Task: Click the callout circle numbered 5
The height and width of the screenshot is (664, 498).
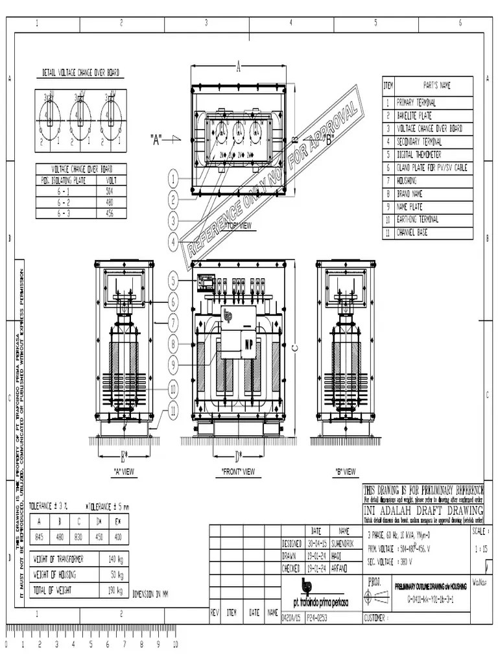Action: click(173, 281)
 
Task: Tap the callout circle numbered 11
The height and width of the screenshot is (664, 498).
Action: click(173, 409)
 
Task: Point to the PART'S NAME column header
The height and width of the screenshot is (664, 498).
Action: click(436, 85)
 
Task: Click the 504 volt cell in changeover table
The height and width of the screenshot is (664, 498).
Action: click(108, 191)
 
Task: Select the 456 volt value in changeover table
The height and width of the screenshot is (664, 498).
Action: click(108, 213)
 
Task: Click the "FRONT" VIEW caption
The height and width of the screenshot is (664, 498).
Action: click(238, 471)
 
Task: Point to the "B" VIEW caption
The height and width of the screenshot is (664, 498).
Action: click(346, 471)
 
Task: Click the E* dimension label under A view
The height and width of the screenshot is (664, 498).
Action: click(124, 454)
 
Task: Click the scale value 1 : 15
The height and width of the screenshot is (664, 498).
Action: click(480, 548)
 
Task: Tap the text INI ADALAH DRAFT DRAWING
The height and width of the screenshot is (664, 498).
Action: click(423, 510)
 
